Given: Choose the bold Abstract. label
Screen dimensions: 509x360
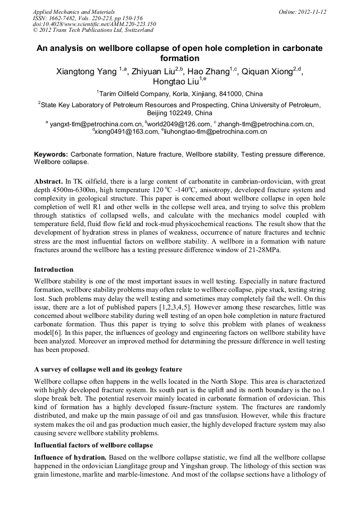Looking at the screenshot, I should (48, 181).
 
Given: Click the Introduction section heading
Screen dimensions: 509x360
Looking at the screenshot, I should (54, 270).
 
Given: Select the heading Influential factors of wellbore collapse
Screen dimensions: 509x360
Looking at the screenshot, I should (93, 445).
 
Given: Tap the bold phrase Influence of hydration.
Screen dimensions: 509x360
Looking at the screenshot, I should (70, 456).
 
